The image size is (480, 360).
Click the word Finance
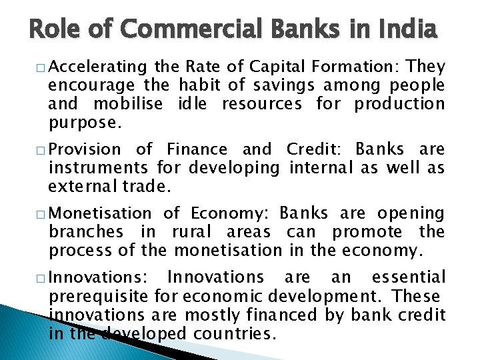197,149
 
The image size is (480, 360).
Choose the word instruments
99,167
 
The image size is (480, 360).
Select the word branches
85,232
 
